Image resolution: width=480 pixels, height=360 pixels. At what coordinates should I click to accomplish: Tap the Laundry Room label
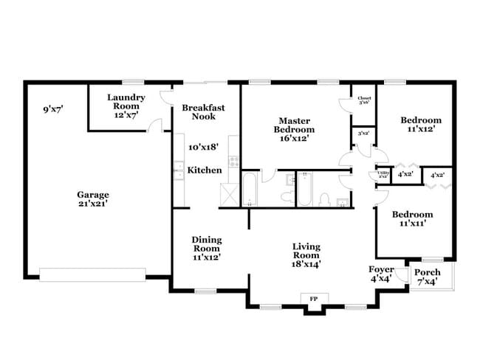point(126,106)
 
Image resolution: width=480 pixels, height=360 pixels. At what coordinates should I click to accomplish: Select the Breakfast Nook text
point(203,112)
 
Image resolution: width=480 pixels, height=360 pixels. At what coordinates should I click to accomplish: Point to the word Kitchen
point(204,170)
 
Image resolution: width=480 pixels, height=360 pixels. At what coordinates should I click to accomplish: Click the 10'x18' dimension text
point(205,148)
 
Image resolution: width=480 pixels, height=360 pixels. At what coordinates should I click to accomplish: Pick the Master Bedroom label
point(293,128)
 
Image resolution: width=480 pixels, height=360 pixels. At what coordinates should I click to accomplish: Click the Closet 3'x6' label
point(364,101)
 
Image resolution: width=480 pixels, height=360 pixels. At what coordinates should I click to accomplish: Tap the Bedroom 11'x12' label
point(421,124)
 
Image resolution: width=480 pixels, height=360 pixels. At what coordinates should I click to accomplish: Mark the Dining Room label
point(207,249)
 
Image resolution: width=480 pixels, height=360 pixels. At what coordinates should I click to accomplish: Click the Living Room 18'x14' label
point(306,255)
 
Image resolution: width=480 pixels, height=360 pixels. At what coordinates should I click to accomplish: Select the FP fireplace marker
point(313,298)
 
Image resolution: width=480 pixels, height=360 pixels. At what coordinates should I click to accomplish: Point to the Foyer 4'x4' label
point(381,274)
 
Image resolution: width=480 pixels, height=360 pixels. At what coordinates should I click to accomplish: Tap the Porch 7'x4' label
point(427,277)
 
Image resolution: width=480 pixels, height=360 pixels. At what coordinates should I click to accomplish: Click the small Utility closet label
point(383,175)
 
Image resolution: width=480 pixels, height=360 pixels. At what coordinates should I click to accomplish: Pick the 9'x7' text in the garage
point(53,109)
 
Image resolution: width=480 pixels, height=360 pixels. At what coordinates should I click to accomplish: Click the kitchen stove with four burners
point(233,159)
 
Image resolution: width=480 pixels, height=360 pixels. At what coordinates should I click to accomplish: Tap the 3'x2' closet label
point(363,134)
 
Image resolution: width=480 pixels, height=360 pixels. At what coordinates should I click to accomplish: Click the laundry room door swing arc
point(155,125)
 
